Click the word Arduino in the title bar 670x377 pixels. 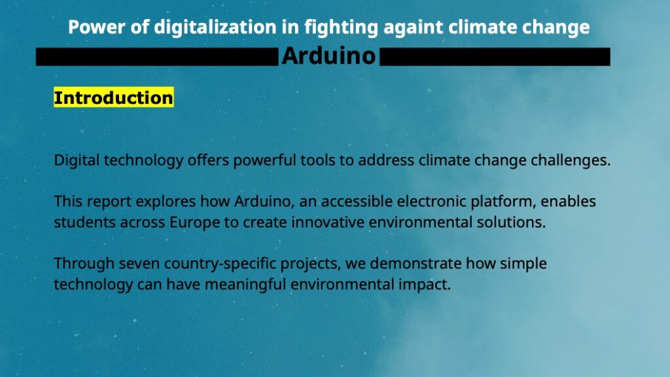point(328,56)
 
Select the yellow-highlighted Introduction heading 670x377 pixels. point(114,98)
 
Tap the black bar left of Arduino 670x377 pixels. point(157,57)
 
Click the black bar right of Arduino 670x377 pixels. point(495,57)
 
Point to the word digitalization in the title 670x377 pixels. point(215,27)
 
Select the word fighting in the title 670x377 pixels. point(341,27)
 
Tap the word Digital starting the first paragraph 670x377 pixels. point(77,160)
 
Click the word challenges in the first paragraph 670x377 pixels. point(571,160)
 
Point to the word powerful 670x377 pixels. point(264,160)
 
